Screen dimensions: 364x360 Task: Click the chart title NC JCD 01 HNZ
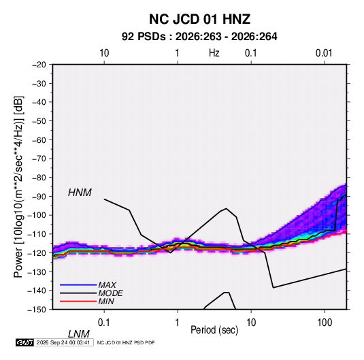[x=199, y=19]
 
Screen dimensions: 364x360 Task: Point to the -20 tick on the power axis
[x=39, y=64]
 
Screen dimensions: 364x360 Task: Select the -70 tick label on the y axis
[x=39, y=159]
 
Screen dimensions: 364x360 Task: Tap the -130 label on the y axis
[x=37, y=272]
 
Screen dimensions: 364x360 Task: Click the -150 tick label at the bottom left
[x=37, y=310]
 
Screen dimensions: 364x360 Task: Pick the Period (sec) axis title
[x=214, y=330]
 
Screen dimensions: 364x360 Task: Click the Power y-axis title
[x=18, y=187]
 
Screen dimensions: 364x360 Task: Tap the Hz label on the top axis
[x=214, y=53]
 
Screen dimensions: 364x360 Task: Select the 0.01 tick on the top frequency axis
[x=324, y=53]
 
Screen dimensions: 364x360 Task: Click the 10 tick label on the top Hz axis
[x=104, y=53]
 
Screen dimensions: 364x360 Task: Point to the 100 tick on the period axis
[x=325, y=323]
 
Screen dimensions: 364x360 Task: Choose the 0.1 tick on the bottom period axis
[x=104, y=323]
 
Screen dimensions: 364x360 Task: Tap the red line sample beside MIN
[x=78, y=301]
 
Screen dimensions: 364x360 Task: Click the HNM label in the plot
[x=80, y=193]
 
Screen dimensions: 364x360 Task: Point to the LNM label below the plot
[x=79, y=334]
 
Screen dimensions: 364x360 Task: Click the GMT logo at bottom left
[x=24, y=342]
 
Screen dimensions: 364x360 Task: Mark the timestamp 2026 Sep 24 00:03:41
[x=63, y=342]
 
